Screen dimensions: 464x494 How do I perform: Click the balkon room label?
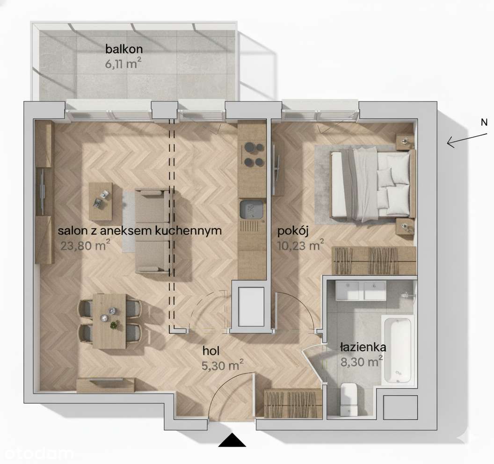pyautogui.click(x=123, y=49)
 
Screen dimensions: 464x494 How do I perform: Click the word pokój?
pyautogui.click(x=292, y=231)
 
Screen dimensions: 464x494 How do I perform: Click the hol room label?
pyautogui.click(x=211, y=351)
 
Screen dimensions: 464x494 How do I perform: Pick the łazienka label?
pyautogui.click(x=363, y=348)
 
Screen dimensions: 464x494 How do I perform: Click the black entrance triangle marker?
pyautogui.click(x=232, y=441)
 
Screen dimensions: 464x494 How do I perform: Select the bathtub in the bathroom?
pyautogui.click(x=398, y=350)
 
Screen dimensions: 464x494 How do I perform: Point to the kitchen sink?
pyautogui.click(x=252, y=210)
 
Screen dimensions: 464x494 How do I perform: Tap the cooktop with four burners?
pyautogui.click(x=252, y=155)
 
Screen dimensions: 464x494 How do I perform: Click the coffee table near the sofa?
pyautogui.click(x=101, y=201)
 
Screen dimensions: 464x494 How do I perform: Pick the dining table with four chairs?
pyautogui.click(x=109, y=321)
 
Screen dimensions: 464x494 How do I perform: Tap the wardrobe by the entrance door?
pyautogui.click(x=293, y=402)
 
